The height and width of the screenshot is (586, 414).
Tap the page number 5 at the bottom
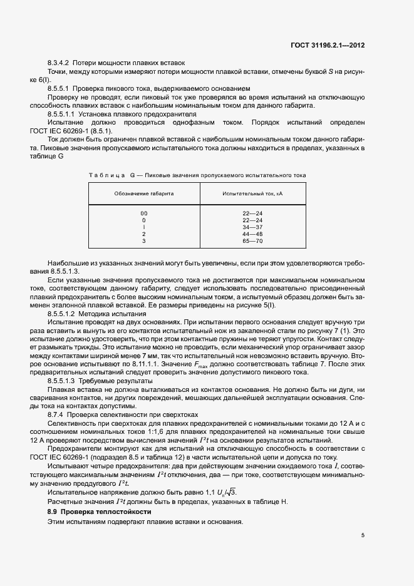tap(363, 535)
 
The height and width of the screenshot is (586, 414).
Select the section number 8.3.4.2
tap(59, 63)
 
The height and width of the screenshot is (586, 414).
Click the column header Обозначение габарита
tap(144, 194)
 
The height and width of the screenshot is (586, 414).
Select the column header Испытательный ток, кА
tap(253, 194)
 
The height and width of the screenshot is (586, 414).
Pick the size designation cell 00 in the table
tap(144, 213)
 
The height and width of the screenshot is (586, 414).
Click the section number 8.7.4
tap(55, 414)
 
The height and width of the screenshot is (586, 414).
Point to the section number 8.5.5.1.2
tap(61, 312)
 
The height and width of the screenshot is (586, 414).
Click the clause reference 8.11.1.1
tap(136, 364)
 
